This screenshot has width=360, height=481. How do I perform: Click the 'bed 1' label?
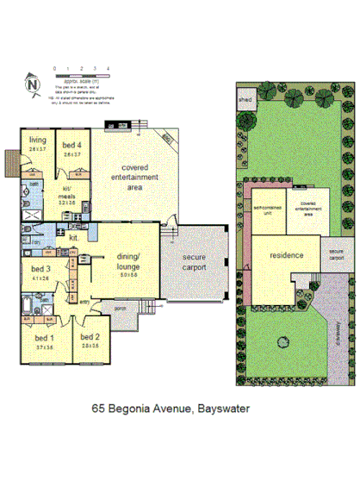[x=44, y=340]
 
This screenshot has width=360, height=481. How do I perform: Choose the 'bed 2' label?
[x=88, y=340]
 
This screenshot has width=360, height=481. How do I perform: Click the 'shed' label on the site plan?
[x=243, y=99]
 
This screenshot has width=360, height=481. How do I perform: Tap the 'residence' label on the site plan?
[x=285, y=257]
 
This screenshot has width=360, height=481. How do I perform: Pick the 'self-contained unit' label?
[x=266, y=209]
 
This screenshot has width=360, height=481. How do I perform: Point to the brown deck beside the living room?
[x=10, y=161]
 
